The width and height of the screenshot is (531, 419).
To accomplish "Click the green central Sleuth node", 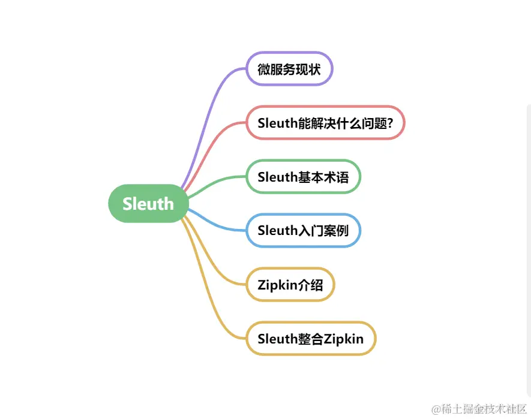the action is point(148,204).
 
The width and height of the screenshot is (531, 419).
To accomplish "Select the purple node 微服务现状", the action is point(289,69).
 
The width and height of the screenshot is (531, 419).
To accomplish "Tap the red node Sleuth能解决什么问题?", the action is point(325,123).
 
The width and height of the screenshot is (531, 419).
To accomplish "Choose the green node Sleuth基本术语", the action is point(303,177).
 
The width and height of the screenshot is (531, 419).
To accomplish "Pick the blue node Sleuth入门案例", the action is point(303,231).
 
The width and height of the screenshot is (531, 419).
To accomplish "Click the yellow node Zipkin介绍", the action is point(290,285).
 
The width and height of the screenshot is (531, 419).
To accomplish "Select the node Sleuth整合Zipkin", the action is point(310,339).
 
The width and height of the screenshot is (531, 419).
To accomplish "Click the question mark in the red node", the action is point(389,123).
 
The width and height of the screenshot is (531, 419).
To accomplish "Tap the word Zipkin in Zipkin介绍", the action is point(278,285).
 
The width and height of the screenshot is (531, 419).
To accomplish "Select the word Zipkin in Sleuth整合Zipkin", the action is point(344,339).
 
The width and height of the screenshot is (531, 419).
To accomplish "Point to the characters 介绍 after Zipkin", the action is point(311,285).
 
